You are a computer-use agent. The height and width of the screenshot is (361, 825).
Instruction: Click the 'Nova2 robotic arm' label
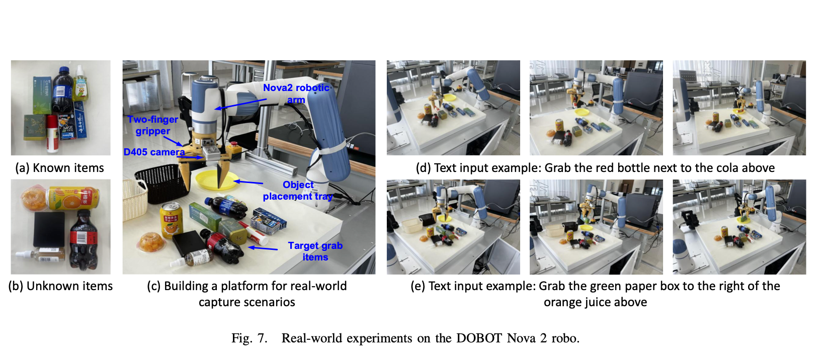click(296, 94)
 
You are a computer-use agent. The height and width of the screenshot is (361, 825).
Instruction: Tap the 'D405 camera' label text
click(154, 152)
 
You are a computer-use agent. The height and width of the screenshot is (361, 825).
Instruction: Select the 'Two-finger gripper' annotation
click(152, 125)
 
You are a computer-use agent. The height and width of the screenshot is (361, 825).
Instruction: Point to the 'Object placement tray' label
click(298, 190)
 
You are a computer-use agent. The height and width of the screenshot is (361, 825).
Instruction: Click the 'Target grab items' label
click(315, 251)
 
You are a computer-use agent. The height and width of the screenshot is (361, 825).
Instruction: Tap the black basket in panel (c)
click(162, 183)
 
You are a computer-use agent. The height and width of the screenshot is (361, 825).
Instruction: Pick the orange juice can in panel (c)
click(171, 220)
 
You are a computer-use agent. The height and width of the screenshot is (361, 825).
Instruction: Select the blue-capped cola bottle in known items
click(62, 89)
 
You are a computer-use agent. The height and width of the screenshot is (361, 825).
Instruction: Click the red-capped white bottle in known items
click(52, 134)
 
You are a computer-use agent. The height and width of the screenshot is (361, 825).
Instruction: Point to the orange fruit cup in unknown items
click(34, 199)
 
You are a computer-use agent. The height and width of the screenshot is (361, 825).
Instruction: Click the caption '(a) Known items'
click(60, 168)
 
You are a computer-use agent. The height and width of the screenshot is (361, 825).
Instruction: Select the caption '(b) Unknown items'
click(60, 286)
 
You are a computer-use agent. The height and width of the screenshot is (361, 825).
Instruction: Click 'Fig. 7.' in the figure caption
click(250, 338)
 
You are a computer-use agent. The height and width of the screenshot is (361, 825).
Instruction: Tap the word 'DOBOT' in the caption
click(479, 338)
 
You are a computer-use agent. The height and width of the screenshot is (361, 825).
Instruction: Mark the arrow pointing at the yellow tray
click(248, 182)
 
